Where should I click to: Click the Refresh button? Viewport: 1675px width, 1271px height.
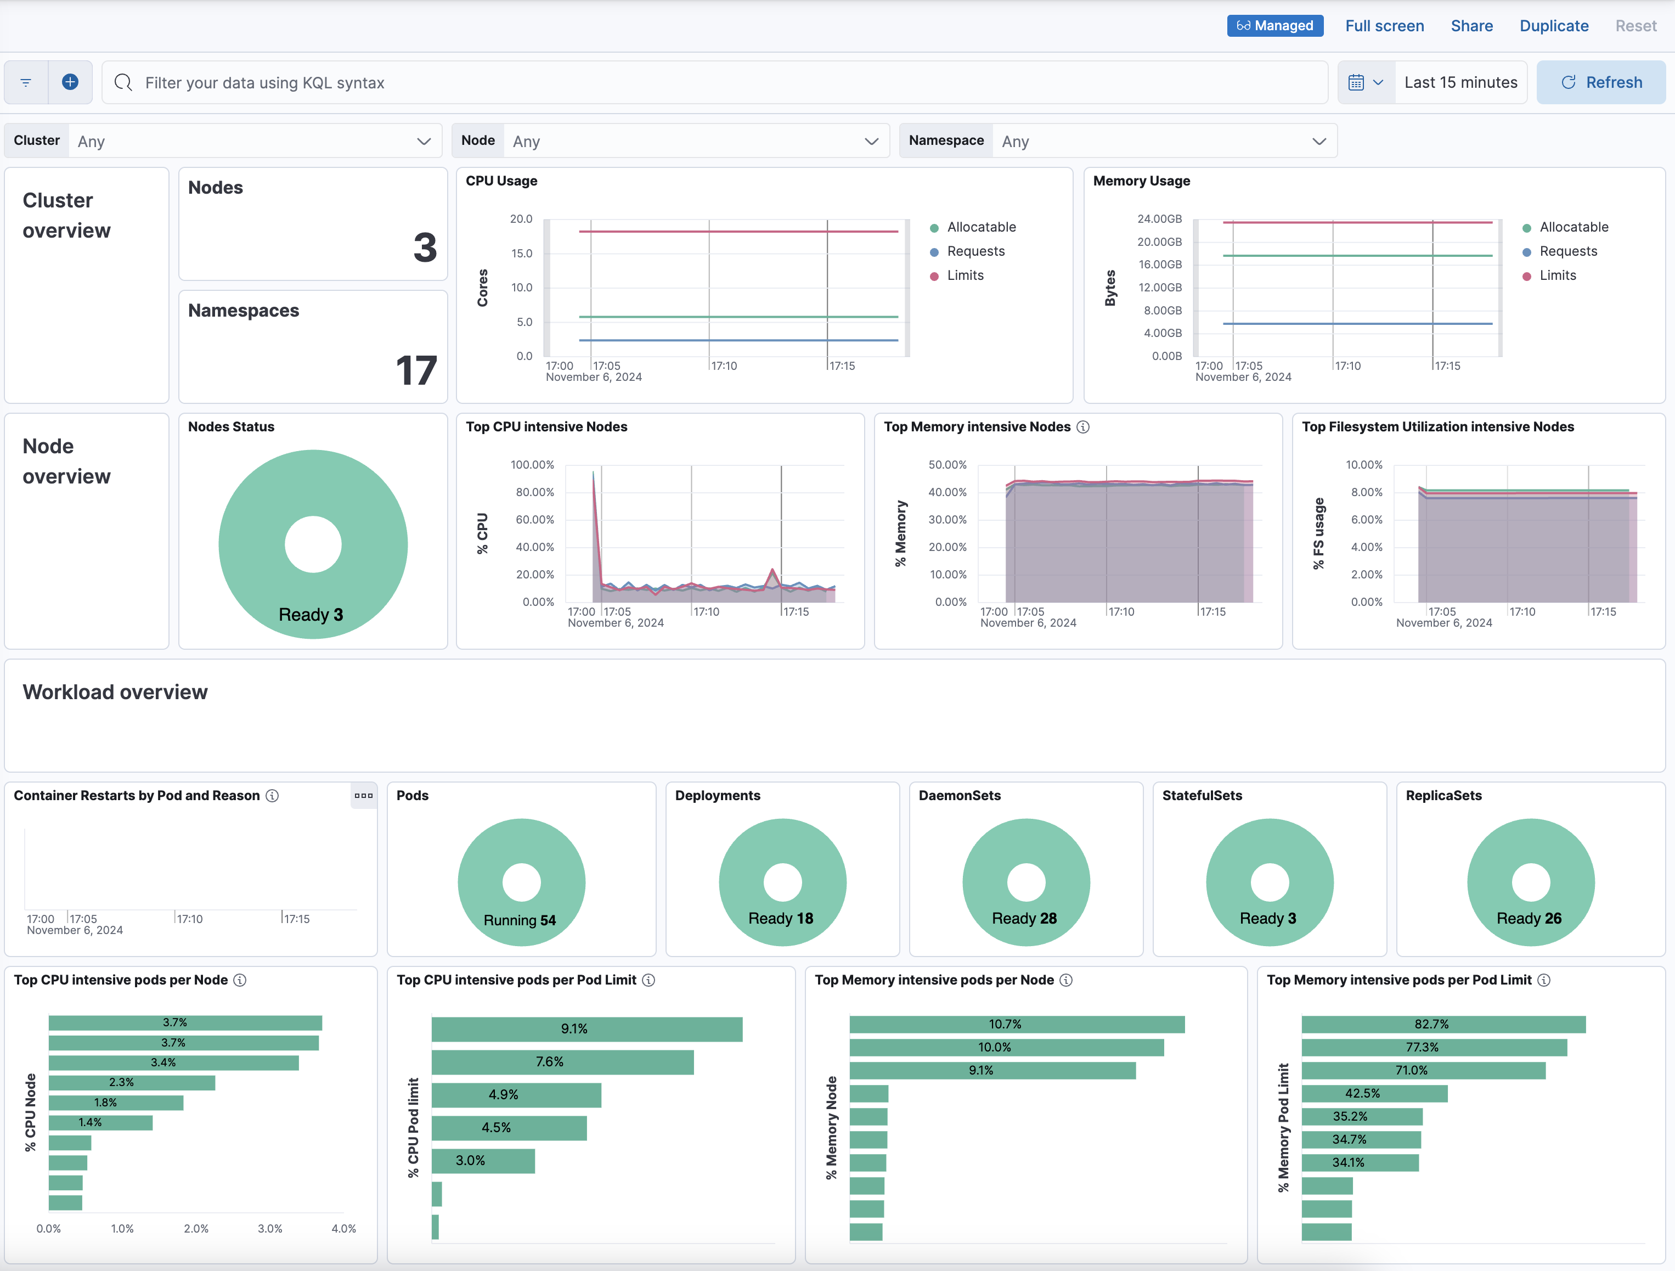[x=1601, y=82]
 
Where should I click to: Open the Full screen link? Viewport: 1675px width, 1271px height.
[x=1384, y=26]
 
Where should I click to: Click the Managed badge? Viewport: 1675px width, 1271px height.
[x=1275, y=26]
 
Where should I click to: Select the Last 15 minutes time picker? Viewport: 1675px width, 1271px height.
[x=1460, y=82]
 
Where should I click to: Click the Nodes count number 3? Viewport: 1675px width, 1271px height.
[x=425, y=248]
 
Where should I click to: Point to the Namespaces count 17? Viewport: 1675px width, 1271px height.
[x=416, y=370]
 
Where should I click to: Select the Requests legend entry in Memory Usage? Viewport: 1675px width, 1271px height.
[x=1567, y=251]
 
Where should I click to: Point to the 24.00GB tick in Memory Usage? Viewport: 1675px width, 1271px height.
[x=1159, y=219]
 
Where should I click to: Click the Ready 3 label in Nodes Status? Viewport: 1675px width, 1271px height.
[x=311, y=614]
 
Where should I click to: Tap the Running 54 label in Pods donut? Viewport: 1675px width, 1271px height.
[x=520, y=920]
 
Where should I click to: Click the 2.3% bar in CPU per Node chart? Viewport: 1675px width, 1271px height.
[x=131, y=1082]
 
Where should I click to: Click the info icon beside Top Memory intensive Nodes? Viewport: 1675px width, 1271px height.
[x=1083, y=427]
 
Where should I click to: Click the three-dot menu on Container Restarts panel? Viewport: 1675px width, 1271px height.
[x=363, y=795]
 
